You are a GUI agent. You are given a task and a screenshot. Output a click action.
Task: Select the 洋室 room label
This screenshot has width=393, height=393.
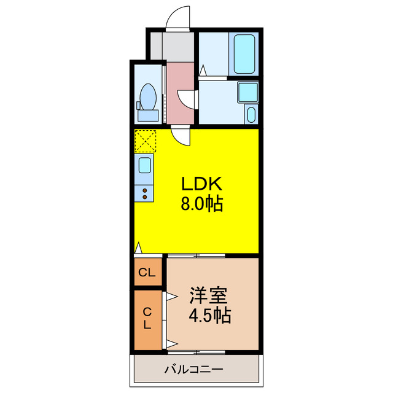[209, 295]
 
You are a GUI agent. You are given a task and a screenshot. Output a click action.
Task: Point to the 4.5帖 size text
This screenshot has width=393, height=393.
[209, 316]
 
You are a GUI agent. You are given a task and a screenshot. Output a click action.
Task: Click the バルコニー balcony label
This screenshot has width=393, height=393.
[194, 370]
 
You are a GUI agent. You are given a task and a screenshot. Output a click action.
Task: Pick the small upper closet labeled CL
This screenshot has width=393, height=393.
[147, 273]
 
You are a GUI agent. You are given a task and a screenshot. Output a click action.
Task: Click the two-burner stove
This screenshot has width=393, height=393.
[145, 193]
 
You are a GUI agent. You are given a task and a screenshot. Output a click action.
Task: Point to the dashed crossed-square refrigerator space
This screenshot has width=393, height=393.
[146, 141]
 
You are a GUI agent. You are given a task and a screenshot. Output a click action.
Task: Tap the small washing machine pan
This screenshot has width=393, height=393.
[251, 115]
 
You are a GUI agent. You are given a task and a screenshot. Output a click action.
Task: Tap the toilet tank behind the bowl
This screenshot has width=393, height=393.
[147, 115]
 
